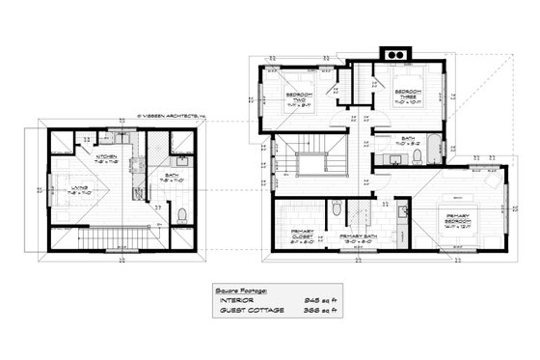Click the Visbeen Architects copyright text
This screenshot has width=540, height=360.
pos(173,113)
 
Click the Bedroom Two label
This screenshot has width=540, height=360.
pos(300,97)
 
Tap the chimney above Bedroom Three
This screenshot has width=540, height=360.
pos(394,52)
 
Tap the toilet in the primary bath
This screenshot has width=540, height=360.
pos(335,208)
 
